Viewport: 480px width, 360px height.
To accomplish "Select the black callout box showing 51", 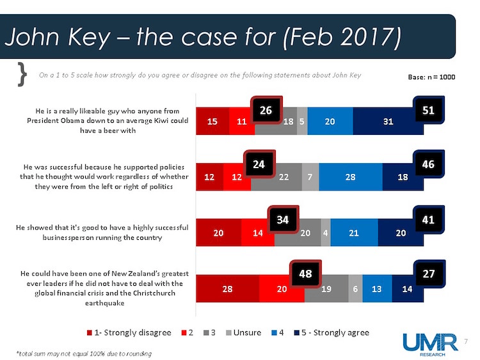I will (x=429, y=111).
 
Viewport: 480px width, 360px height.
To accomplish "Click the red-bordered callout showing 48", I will (x=306, y=274).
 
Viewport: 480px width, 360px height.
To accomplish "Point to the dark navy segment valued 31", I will (x=387, y=121).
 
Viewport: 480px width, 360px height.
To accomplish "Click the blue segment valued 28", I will (x=350, y=177).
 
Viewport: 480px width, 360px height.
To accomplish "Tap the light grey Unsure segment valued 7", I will (x=310, y=177).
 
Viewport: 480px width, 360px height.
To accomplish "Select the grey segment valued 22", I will (x=276, y=177).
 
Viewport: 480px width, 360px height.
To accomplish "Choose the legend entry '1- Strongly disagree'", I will (x=131, y=333).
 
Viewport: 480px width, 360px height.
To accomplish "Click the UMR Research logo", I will (x=430, y=343).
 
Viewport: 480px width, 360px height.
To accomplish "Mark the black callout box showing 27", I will (x=429, y=274).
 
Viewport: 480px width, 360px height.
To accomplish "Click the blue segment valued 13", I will (x=377, y=288).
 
